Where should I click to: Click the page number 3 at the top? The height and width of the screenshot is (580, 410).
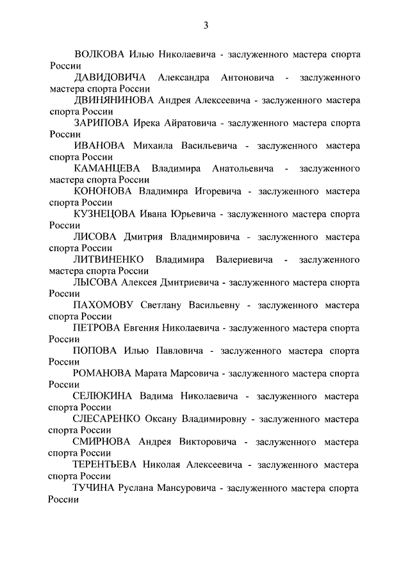[206, 26]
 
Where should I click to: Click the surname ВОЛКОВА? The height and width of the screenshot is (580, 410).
[101, 54]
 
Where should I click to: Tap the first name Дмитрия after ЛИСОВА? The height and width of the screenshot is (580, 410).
[145, 237]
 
